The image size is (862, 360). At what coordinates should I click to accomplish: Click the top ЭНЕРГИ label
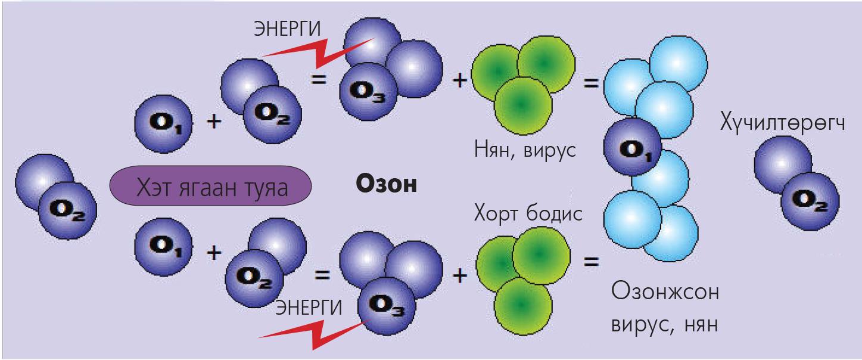287,29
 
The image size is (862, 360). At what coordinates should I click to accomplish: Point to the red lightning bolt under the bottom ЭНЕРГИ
313,334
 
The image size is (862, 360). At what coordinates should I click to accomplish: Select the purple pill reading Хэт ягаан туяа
210,185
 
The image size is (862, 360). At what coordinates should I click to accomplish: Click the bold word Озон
387,184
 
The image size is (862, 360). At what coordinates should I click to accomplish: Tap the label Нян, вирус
525,150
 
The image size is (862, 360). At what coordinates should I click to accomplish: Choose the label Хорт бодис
528,213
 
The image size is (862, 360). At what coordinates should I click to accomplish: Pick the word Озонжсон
665,291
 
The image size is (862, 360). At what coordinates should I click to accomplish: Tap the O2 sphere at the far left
68,210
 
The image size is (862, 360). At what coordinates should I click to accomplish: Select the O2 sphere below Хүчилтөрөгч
810,201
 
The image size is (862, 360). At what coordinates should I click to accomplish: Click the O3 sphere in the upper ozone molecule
368,92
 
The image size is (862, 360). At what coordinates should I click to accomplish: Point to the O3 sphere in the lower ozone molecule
387,306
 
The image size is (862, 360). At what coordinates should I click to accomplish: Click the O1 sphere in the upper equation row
163,124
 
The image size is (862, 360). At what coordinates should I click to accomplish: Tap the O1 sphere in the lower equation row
164,247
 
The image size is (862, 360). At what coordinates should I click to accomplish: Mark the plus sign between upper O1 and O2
214,121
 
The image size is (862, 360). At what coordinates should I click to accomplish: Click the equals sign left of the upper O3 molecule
319,80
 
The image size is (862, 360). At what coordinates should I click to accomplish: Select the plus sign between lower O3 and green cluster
459,276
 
